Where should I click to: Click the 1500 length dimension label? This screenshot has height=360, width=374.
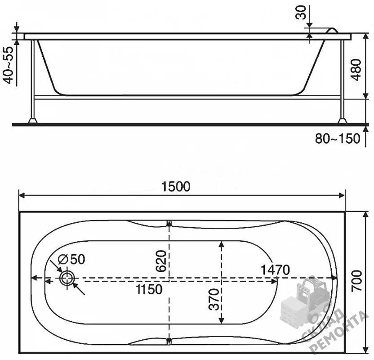coord(176,187)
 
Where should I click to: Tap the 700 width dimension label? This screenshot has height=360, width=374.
coord(357,281)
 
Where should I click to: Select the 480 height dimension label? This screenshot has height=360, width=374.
coord(356,69)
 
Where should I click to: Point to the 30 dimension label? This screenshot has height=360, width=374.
coord(301,13)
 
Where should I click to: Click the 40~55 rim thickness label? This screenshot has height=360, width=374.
coord(9,65)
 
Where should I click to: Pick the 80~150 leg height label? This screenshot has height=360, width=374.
coord(337,139)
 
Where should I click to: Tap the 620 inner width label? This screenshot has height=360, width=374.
coord(161,261)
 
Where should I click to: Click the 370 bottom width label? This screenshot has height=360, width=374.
coord(214,299)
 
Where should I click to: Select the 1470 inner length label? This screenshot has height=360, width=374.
coord(275,270)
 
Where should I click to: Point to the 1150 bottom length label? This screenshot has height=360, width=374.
coord(149,289)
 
